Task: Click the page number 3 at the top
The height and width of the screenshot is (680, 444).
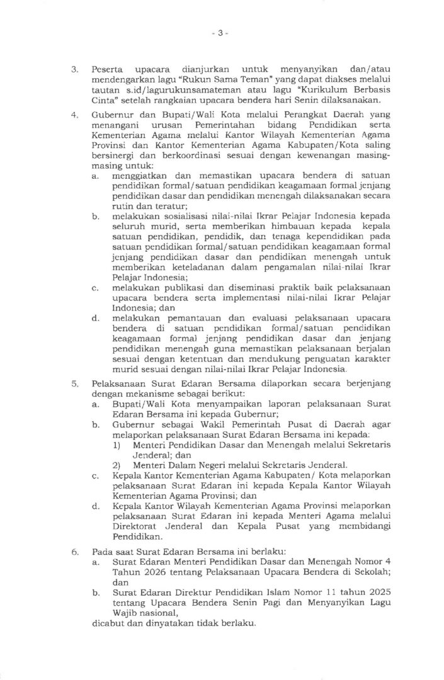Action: pyautogui.click(x=221, y=34)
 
